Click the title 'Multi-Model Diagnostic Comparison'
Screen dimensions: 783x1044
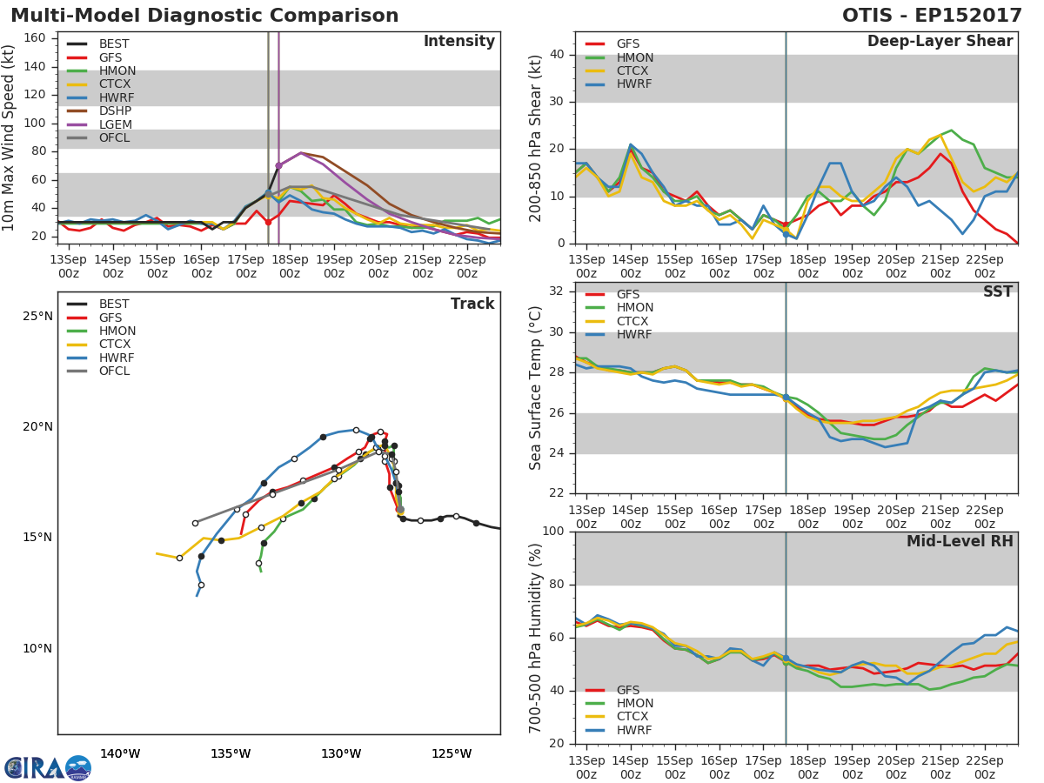204,16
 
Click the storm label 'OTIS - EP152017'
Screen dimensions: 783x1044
932,16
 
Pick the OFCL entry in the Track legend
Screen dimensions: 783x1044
114,371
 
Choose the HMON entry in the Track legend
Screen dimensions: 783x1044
117,331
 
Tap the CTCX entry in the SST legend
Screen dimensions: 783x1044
635,321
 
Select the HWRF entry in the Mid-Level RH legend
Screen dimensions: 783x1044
635,730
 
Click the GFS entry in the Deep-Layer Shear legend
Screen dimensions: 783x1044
627,43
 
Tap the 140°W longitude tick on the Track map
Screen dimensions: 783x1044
120,753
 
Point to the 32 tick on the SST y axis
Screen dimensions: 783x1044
556,291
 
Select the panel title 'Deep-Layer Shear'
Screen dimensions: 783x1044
940,42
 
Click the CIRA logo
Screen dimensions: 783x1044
47,767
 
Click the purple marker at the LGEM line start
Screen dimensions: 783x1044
278,165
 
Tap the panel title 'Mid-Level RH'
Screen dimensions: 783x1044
960,542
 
